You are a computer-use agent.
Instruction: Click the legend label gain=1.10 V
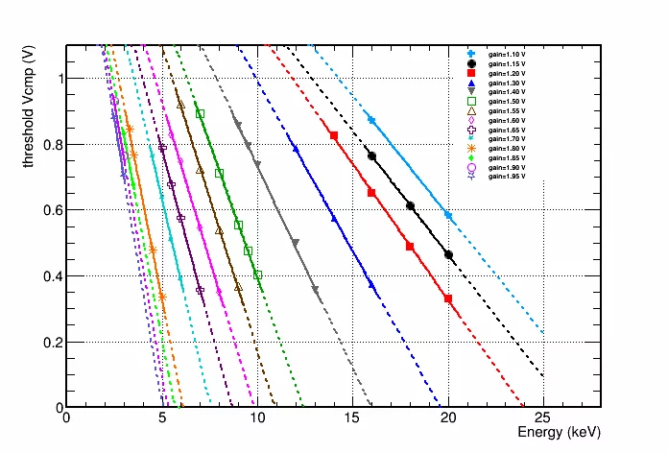[x=508, y=54]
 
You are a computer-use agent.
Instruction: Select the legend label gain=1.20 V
[x=508, y=74]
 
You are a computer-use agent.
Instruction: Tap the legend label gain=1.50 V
[x=508, y=105]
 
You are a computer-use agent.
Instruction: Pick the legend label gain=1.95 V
[x=508, y=178]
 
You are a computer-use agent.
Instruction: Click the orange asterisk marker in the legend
[x=471, y=147]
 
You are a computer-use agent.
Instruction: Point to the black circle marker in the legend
[x=471, y=63]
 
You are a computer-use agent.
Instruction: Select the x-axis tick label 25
[x=543, y=418]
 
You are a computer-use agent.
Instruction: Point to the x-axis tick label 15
[x=352, y=418]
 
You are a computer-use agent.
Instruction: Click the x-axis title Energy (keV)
[x=559, y=433]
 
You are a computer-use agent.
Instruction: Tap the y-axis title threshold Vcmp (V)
[x=30, y=107]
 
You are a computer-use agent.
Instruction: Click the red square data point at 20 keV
[x=448, y=298]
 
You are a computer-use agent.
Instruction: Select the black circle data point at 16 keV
[x=371, y=155]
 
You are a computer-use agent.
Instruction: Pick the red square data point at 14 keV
[x=333, y=135]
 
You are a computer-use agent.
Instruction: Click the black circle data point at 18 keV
[x=410, y=205]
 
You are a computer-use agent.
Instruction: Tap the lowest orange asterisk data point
[x=161, y=298]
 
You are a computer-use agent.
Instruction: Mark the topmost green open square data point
[x=200, y=113]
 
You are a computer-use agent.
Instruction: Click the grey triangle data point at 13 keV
[x=315, y=290]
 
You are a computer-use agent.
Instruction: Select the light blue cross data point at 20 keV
[x=448, y=216]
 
